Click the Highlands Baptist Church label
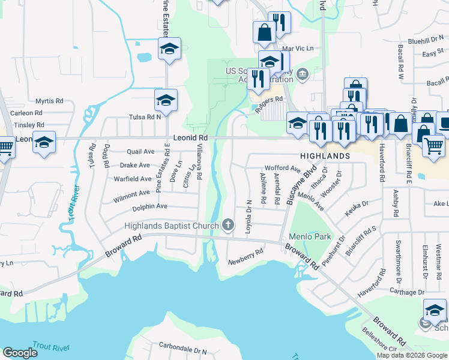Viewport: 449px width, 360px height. coord(171,226)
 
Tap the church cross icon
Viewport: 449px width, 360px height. coord(228,226)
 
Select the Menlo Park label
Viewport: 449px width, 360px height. coord(310,236)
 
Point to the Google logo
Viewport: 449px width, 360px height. coord(20,353)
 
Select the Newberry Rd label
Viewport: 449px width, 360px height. coord(246,256)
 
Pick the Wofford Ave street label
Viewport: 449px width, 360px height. coord(283,169)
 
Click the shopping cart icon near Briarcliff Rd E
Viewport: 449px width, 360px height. coord(433,145)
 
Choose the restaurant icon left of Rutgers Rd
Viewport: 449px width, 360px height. coord(258,78)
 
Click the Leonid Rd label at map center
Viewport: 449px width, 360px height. coord(190,137)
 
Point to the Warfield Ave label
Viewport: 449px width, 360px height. coord(133,179)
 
